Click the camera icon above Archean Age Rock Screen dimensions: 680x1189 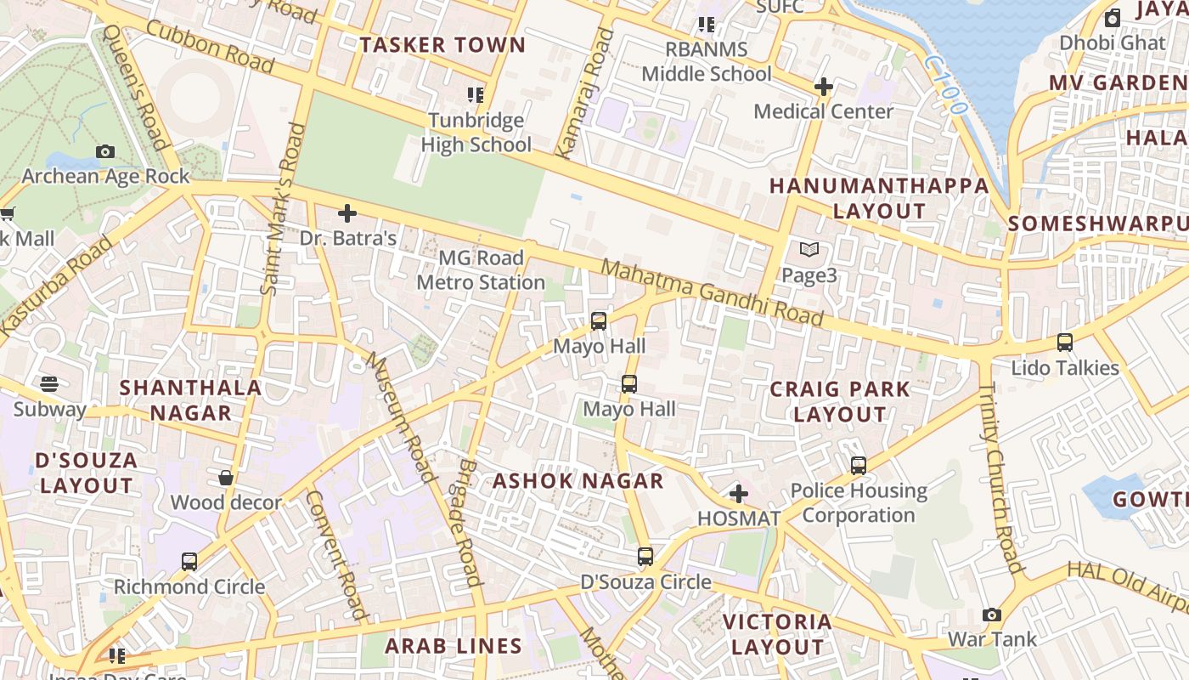105,151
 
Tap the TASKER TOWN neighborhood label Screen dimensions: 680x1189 442,45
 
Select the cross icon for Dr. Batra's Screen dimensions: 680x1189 347,213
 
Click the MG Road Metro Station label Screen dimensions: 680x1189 481,269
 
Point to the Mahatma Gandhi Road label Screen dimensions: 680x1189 712,293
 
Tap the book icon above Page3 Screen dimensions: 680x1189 809,250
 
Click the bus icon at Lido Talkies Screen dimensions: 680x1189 1065,343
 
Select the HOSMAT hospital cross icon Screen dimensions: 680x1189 739,493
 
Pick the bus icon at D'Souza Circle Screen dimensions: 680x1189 645,557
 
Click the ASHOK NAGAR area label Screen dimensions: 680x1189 578,481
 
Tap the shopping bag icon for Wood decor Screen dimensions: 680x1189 226,478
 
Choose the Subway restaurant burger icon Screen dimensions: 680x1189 49,384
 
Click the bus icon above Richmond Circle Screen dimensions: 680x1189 189,561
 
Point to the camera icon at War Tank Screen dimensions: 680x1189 992,615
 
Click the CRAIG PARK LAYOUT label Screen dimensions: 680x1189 840,402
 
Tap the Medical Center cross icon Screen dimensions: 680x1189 823,87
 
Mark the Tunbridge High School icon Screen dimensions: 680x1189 476,95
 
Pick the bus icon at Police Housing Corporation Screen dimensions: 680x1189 859,466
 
